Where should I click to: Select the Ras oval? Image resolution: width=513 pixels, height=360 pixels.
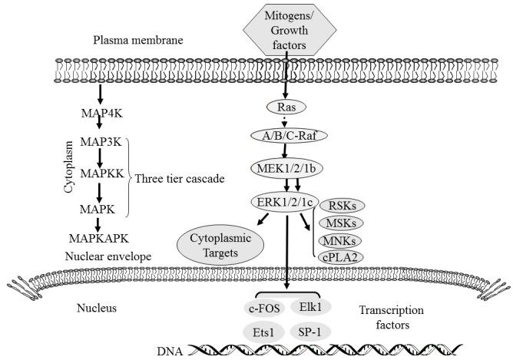coord(280,108)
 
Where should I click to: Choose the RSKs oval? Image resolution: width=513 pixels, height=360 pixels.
coord(342,205)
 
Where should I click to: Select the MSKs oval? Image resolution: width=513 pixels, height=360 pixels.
coord(342,223)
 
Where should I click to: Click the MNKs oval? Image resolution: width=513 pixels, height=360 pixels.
coord(342,240)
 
